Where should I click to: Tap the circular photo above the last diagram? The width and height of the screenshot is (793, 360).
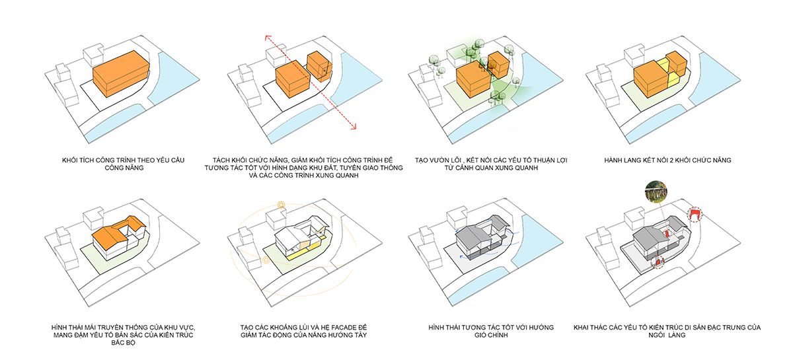[656, 192]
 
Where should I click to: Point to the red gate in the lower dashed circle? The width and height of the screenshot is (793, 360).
[658, 263]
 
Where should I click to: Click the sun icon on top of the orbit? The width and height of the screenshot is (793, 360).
[281, 205]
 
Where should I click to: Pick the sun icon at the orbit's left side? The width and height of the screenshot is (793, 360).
[265, 260]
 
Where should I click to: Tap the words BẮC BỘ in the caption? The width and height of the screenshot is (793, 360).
[123, 343]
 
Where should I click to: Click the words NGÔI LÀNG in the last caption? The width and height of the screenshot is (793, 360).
[667, 335]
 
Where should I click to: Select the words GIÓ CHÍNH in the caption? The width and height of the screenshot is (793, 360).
[491, 335]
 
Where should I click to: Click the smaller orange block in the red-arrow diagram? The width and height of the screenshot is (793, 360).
[319, 67]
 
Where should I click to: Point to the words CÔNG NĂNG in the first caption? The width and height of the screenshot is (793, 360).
[124, 168]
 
